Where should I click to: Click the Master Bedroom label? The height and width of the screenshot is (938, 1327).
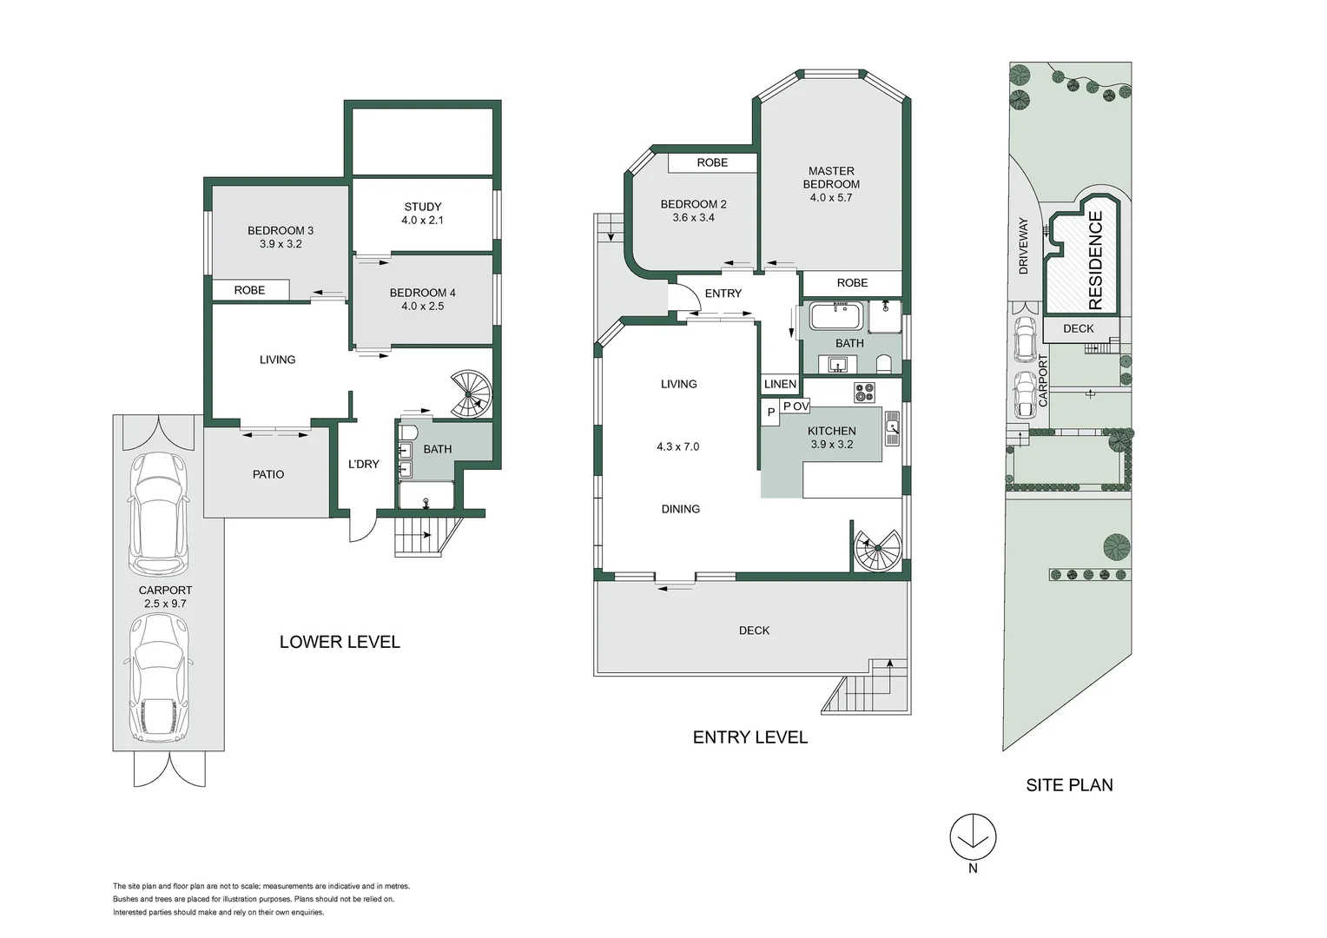point(831,178)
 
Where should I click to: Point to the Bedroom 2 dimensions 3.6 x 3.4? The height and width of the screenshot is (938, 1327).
point(693,218)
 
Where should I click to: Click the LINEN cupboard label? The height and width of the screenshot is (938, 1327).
point(780,384)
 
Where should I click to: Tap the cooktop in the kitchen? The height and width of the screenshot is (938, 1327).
point(864,393)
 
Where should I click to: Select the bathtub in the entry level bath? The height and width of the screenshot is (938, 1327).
point(838,317)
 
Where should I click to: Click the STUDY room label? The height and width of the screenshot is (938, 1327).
point(423,207)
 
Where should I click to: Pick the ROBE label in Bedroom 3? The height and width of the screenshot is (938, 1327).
point(249,290)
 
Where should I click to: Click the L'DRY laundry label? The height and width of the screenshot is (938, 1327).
point(363,464)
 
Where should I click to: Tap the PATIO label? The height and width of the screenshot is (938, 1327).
point(268,474)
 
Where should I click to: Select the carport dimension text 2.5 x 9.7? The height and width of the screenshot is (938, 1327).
point(165,604)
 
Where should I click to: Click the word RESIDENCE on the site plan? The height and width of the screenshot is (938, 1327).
point(1095,261)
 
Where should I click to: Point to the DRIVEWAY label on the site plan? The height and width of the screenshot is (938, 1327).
point(1023,246)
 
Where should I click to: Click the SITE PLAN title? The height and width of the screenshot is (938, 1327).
point(1069,785)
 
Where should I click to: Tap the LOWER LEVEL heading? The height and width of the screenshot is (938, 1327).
point(340,642)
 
